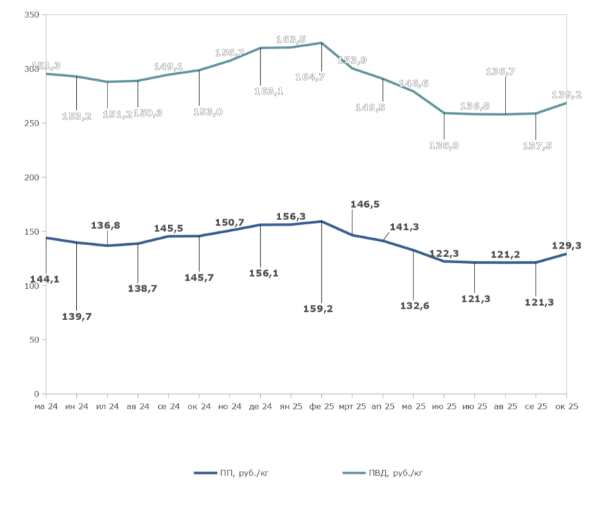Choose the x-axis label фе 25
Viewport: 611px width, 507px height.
click(x=321, y=406)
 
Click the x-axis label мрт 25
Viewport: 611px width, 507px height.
click(x=352, y=406)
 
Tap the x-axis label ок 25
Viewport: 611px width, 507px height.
click(x=566, y=406)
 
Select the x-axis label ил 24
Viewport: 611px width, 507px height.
click(x=107, y=406)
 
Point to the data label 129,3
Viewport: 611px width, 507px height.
click(x=566, y=245)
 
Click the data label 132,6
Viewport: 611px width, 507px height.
click(x=414, y=306)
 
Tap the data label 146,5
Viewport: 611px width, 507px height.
click(x=365, y=204)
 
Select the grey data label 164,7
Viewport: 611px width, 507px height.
click(x=309, y=77)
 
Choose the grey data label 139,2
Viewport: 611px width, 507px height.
click(x=566, y=94)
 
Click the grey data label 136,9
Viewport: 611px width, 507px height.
click(x=444, y=146)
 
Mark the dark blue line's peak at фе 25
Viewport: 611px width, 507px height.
click(x=321, y=222)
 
